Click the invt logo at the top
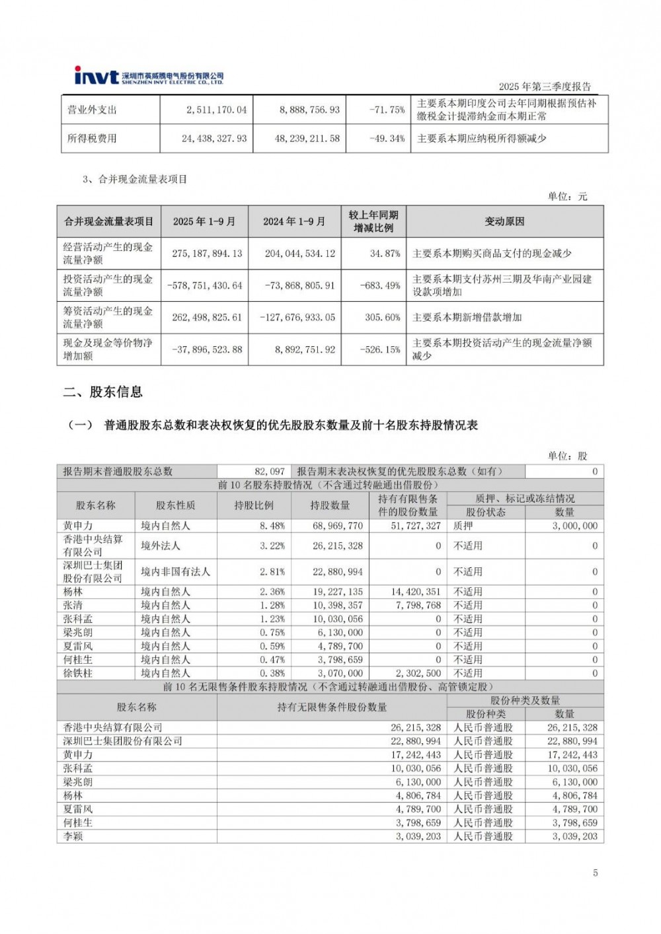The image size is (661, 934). click(97, 76)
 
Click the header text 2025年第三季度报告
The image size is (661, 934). click(544, 87)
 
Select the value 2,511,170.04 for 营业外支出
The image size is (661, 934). click(216, 110)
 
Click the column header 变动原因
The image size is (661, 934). click(504, 222)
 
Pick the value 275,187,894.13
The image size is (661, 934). click(207, 254)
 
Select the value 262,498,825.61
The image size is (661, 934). click(207, 317)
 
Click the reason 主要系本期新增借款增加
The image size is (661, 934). click(467, 317)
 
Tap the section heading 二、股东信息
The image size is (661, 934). click(103, 392)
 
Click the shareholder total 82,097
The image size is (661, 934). click(270, 471)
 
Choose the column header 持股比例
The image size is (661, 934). click(253, 505)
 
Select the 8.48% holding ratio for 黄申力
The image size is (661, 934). click(272, 526)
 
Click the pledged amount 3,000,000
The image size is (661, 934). click(574, 526)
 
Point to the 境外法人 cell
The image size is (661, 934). click(160, 546)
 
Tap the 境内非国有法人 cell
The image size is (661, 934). click(175, 571)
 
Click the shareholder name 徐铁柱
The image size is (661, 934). click(78, 673)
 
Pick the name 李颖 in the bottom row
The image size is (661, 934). click(73, 836)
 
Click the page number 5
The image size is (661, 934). click(595, 873)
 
